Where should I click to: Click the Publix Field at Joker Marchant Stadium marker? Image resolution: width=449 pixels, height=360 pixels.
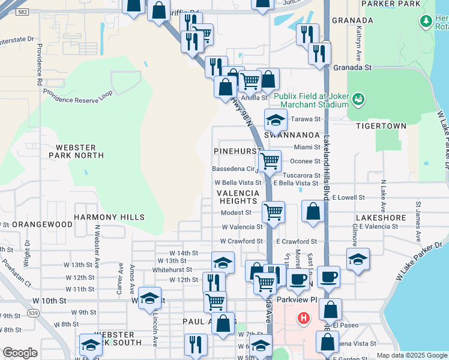point(358,98)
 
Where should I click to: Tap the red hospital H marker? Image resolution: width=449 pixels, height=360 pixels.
point(304,317)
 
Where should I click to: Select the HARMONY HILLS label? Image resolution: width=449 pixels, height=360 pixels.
point(109,217)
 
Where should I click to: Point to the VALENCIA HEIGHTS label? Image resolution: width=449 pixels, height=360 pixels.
point(238,197)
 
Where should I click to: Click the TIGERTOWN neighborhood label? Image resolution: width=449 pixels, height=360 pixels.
point(381,126)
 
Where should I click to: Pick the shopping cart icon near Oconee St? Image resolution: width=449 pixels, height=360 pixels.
point(270,161)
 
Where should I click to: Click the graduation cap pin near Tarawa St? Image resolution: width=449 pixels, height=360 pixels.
point(275,121)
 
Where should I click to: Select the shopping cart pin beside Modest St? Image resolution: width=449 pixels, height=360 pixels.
point(273,211)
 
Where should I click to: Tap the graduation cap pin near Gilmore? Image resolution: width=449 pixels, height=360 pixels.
point(358,259)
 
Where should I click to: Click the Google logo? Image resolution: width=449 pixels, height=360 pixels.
point(20,353)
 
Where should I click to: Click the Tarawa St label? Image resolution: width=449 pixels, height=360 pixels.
point(303,119)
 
